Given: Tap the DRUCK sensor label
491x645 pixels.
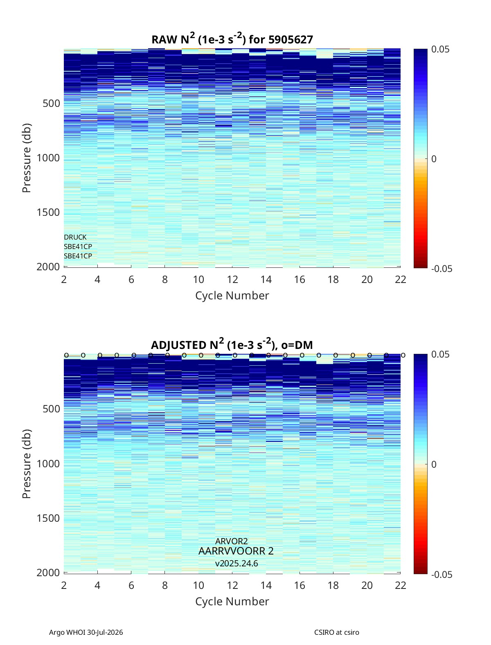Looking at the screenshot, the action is [x=75, y=237].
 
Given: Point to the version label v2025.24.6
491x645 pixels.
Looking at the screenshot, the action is [x=236, y=564].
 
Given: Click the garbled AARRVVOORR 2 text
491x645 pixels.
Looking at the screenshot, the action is [x=236, y=551].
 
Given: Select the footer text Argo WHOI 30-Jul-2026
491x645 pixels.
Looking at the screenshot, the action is [x=86, y=632].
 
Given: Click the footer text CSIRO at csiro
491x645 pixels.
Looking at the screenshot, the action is [x=337, y=632].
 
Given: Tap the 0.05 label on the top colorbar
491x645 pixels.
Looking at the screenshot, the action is [x=440, y=50].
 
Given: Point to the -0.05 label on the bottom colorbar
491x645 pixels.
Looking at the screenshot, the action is [x=441, y=575].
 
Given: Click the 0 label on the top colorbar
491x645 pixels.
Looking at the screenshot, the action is [x=434, y=159].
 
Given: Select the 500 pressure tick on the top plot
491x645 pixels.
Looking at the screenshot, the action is [x=52, y=104].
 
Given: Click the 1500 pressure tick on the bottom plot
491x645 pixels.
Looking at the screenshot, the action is [x=48, y=518].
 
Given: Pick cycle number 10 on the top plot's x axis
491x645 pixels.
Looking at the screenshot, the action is [x=198, y=279].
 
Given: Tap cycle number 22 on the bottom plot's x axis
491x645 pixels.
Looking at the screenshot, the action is [x=400, y=585].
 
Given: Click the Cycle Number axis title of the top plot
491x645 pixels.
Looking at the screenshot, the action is [x=232, y=296].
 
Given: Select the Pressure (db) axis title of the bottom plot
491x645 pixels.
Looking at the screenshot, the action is [x=27, y=464].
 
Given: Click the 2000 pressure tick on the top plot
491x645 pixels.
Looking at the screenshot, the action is [x=48, y=267].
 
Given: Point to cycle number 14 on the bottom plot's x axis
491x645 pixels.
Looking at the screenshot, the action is [x=266, y=585].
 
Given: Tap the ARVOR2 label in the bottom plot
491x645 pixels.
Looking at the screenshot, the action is [x=231, y=541].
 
